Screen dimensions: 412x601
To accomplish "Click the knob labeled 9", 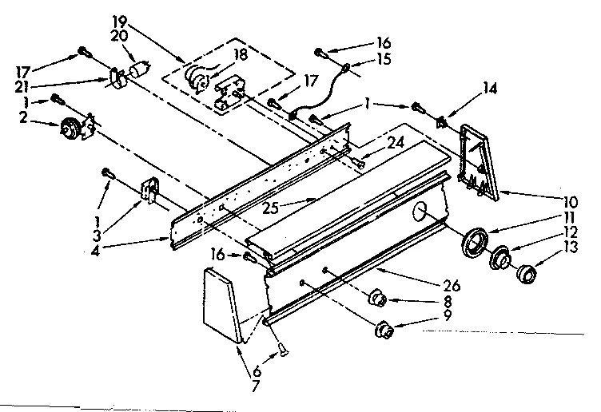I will (x=385, y=328).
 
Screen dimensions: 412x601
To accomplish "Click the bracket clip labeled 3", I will (x=149, y=192).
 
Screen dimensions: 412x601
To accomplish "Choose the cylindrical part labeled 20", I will (x=141, y=70).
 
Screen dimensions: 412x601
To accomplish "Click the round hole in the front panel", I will (x=419, y=212).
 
